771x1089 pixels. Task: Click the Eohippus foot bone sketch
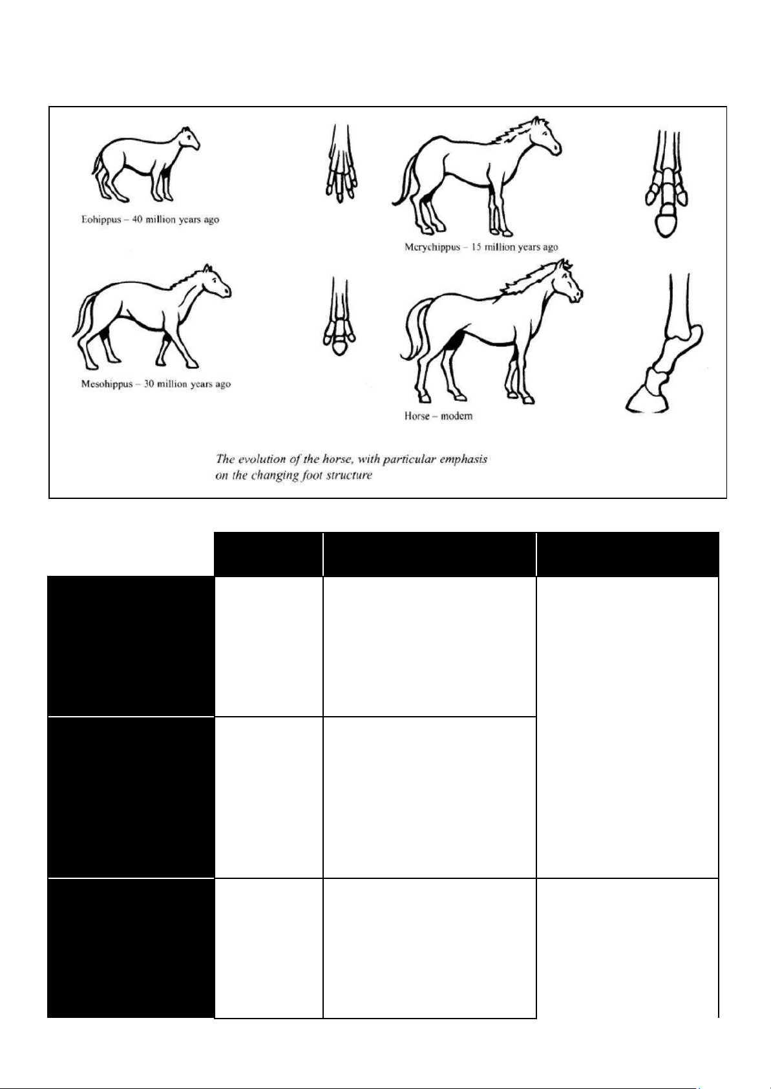pos(341,164)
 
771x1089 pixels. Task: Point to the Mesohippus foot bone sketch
pos(340,316)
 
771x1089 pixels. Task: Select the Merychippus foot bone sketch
pos(666,184)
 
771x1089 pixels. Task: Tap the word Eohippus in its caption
pos(101,220)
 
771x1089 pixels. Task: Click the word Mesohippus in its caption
pos(107,384)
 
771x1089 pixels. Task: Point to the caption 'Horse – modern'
pos(438,416)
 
